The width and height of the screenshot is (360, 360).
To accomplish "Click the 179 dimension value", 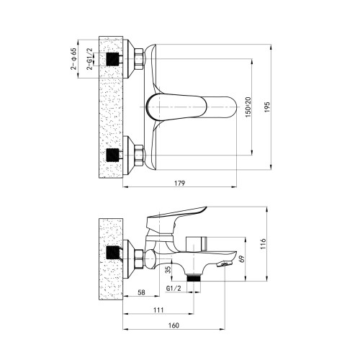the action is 180,183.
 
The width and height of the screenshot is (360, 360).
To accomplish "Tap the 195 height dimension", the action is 267,107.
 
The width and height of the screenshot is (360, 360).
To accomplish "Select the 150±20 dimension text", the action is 248,107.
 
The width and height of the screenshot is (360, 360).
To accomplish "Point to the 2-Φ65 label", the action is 73,59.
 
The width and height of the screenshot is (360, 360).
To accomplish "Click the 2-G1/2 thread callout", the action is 89,59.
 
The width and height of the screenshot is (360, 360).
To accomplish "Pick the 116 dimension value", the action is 264,243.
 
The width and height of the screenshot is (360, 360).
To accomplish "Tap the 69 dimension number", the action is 242,258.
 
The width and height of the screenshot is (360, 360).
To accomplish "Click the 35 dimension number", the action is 168,269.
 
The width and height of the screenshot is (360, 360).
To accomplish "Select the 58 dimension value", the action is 141,292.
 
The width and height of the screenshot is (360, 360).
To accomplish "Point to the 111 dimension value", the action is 158,310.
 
